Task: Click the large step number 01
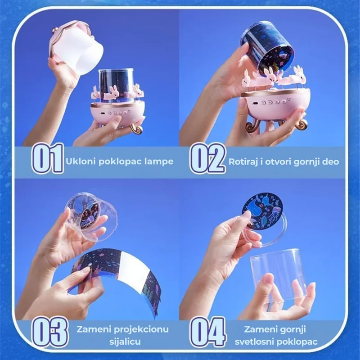click(47, 158)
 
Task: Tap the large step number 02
click(208, 158)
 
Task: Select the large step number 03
click(50, 333)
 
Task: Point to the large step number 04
click(208, 333)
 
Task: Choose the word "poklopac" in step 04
click(297, 342)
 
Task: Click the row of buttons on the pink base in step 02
click(272, 102)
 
